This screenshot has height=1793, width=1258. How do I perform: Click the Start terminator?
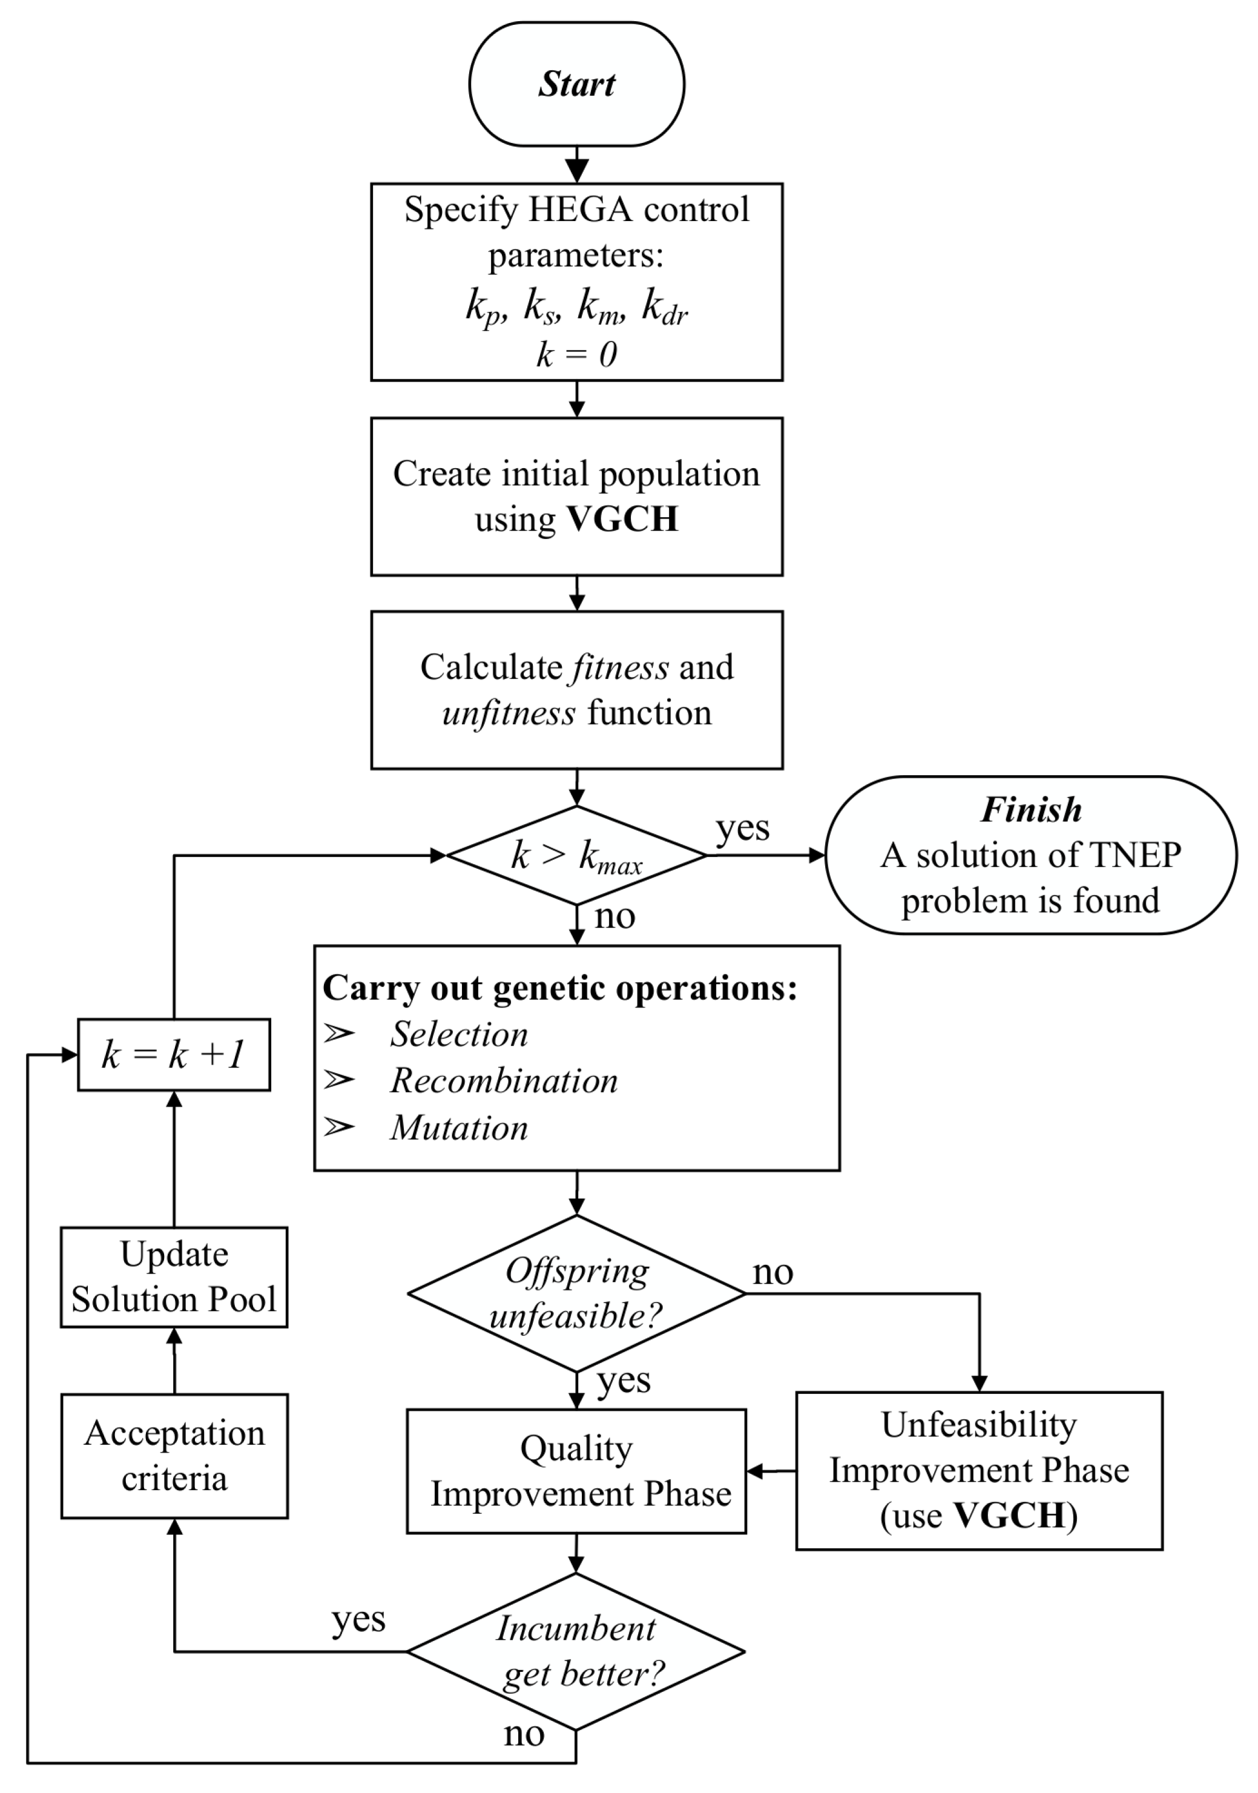coord(576,84)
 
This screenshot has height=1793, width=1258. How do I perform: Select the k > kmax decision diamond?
coord(576,855)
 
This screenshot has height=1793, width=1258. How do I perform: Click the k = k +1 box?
coord(173,1054)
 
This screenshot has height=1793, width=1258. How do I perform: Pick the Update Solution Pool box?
coord(173,1277)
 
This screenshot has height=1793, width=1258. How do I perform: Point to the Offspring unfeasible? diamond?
coord(576,1293)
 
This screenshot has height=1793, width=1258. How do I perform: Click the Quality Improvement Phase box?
coord(576,1471)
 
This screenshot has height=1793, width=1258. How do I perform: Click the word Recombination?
coord(504,1081)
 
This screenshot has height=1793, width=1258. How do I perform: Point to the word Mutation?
coord(459,1128)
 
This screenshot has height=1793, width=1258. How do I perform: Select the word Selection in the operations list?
coord(459,1034)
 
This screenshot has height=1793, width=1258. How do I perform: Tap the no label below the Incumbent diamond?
coord(523,1734)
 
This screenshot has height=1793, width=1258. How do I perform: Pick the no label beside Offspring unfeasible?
coord(772,1273)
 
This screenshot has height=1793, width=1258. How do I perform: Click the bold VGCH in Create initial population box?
coord(622,518)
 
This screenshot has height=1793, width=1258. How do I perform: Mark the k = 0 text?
coord(576,354)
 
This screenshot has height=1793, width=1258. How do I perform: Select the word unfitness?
coord(509,713)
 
